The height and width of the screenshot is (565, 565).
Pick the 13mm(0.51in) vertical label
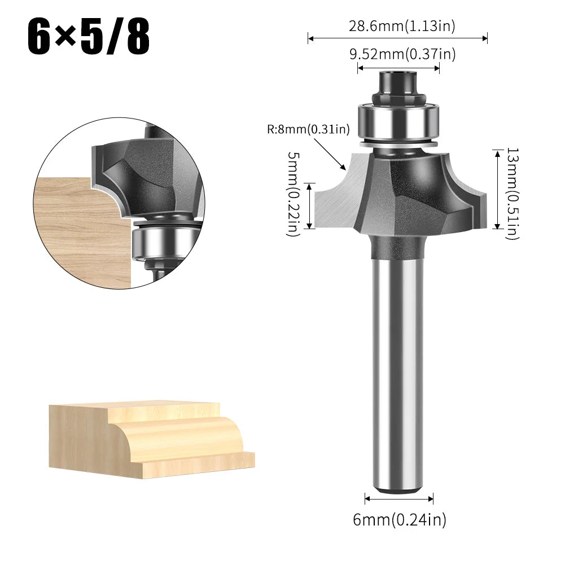[x=512, y=194]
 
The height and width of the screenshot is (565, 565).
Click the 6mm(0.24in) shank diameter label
[x=400, y=519]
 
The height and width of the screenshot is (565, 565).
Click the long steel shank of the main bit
[x=397, y=367]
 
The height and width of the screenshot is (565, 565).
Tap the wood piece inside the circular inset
[x=79, y=226]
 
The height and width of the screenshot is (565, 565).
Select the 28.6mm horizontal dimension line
[x=397, y=38]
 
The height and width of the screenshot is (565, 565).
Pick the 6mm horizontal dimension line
[x=399, y=498]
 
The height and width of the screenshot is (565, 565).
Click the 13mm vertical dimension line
[x=497, y=189]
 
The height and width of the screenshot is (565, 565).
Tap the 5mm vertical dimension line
[x=309, y=205]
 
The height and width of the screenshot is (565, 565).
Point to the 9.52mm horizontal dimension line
[x=398, y=68]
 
